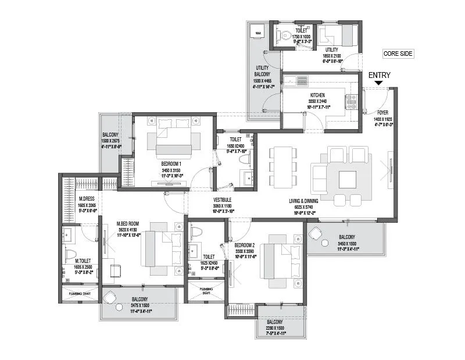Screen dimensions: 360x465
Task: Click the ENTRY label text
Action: pyautogui.click(x=380, y=75)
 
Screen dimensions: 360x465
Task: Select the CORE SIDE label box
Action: pyautogui.click(x=398, y=54)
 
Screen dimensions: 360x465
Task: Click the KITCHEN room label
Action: pyautogui.click(x=317, y=95)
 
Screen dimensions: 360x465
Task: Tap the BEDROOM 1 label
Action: pyautogui.click(x=172, y=164)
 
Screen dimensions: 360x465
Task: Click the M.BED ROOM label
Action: pyautogui.click(x=127, y=224)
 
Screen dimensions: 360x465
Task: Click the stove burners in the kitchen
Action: pyautogui.click(x=351, y=102)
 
